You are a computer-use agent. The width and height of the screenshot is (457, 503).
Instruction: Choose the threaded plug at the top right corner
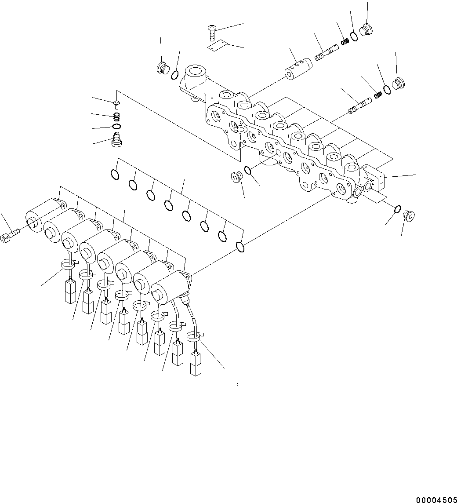(366, 30)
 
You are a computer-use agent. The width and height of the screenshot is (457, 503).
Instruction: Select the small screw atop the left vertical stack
(117, 104)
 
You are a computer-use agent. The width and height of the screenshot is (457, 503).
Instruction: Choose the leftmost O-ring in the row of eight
(115, 175)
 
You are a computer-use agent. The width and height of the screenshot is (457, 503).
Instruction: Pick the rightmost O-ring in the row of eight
(240, 247)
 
